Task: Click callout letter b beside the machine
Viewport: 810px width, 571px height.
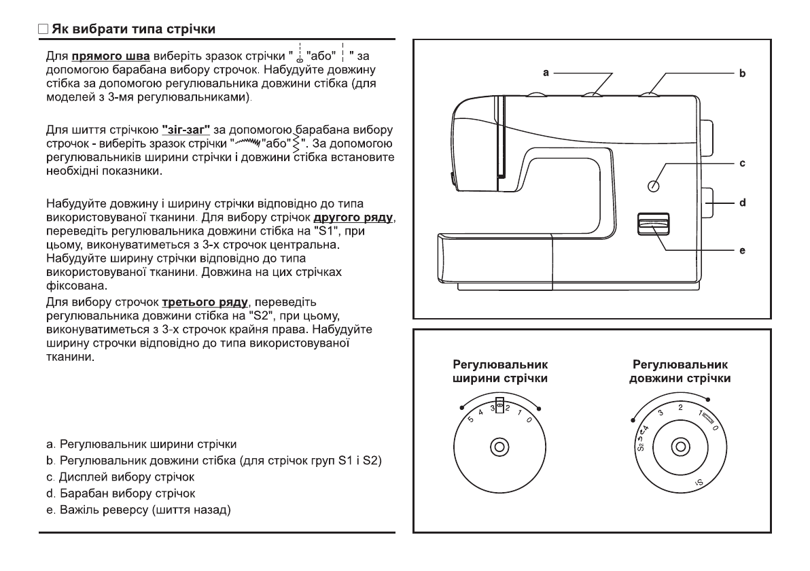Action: pos(741,71)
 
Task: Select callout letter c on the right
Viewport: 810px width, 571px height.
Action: pos(742,164)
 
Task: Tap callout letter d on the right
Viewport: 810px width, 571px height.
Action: pos(742,203)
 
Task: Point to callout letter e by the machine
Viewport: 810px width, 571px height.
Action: pos(742,250)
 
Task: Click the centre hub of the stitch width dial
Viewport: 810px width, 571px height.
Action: pos(499,447)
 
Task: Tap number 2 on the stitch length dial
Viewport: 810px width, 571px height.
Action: pos(680,406)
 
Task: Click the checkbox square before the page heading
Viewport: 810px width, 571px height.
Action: pos(43,31)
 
